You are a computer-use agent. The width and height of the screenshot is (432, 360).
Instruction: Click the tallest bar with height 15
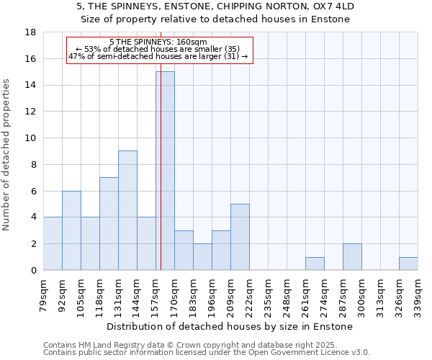click(x=166, y=171)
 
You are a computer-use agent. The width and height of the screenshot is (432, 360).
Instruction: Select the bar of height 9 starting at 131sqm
click(x=127, y=210)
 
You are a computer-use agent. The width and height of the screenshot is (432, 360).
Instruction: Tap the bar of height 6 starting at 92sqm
click(x=71, y=230)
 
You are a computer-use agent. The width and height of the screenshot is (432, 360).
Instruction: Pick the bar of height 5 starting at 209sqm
click(x=240, y=237)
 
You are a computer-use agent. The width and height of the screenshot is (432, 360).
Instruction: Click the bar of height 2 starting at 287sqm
click(x=352, y=257)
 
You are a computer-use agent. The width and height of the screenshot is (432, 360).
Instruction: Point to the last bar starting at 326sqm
click(x=408, y=264)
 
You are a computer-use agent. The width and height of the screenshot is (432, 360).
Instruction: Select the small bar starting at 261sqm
click(x=315, y=264)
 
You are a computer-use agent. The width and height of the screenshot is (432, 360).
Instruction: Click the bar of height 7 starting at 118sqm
click(x=109, y=224)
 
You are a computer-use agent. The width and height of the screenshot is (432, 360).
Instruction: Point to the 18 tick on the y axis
click(x=30, y=32)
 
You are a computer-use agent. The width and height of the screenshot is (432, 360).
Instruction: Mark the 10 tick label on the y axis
click(x=30, y=138)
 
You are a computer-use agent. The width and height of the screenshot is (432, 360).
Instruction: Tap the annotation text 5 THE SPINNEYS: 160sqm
click(x=158, y=42)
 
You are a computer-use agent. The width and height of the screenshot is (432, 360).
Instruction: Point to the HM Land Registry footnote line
click(x=197, y=345)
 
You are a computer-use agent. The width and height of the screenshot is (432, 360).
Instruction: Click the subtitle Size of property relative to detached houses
click(x=215, y=19)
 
